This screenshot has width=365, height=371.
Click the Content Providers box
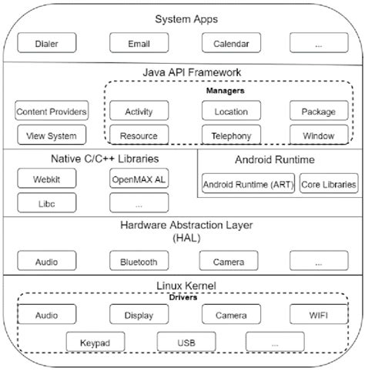(51, 112)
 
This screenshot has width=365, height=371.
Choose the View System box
(51, 136)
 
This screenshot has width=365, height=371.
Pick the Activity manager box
(139, 112)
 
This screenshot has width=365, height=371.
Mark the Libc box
(45, 204)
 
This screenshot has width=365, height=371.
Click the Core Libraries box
(329, 185)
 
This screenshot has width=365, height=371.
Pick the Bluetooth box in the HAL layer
(139, 262)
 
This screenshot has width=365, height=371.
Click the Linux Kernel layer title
(182, 286)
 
